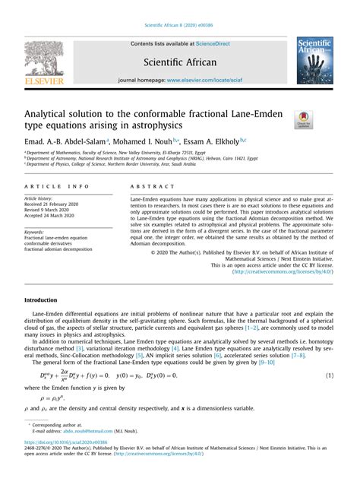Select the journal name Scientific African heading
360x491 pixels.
click(x=181, y=62)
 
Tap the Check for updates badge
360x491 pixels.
click(x=304, y=119)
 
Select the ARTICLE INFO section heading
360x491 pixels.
click(x=56, y=185)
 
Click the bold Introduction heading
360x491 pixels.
click(x=41, y=300)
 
